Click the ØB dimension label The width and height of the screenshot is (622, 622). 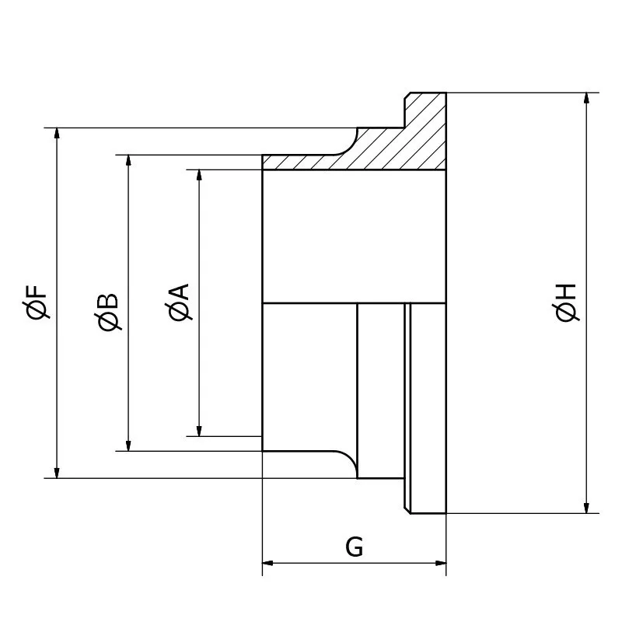(109, 311)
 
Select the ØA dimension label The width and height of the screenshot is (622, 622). (179, 302)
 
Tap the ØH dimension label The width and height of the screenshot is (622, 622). (567, 302)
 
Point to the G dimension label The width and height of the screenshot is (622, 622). (354, 547)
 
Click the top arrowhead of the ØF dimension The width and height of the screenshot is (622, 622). (57, 134)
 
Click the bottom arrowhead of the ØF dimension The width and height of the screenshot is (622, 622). (57, 472)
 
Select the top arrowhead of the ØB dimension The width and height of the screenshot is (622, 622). (129, 161)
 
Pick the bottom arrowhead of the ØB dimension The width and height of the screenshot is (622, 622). (129, 445)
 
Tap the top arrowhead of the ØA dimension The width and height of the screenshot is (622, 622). (200, 176)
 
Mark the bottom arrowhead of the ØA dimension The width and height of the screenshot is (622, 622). (200, 430)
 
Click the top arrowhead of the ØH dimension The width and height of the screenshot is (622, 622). (585, 99)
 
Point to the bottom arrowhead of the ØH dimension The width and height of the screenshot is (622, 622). (585, 507)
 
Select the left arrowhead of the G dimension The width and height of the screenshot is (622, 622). (269, 562)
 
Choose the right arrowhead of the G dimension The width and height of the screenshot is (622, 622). (440, 562)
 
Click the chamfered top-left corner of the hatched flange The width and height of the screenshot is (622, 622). (407, 96)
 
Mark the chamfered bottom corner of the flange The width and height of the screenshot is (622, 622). (407, 510)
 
